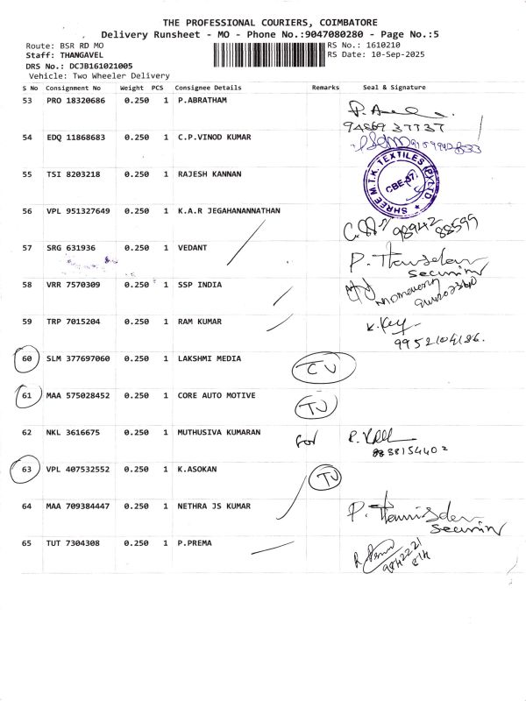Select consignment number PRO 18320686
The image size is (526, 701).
pyautogui.click(x=75, y=101)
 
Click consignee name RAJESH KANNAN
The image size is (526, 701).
pyautogui.click(x=206, y=174)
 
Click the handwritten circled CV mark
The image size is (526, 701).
pyautogui.click(x=311, y=371)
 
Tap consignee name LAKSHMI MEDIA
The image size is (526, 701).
pyautogui.click(x=207, y=358)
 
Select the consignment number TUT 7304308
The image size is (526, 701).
pyautogui.click(x=73, y=543)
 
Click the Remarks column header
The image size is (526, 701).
pyautogui.click(x=324, y=88)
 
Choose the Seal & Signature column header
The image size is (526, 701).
pyautogui.click(x=394, y=88)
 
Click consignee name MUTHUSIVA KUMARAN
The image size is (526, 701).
pyautogui.click(x=218, y=432)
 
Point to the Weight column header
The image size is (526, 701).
pyautogui.click(x=131, y=88)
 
